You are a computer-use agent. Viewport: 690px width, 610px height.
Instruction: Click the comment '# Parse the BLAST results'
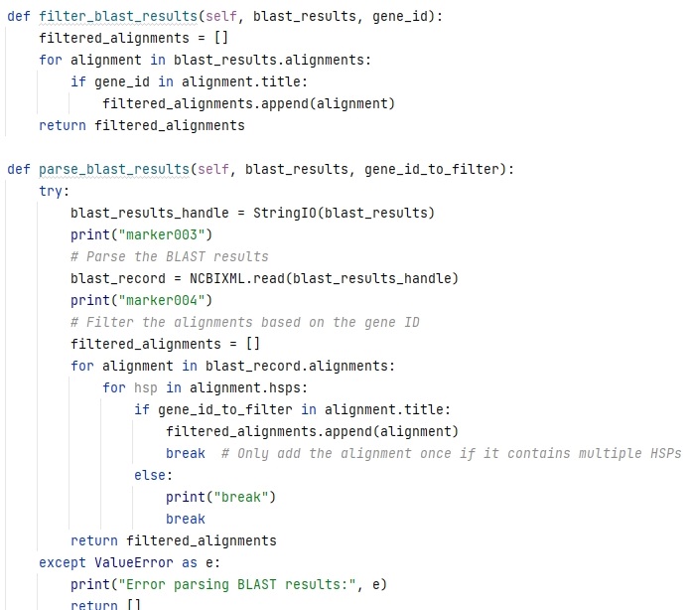click(170, 256)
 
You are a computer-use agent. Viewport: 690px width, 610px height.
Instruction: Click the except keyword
click(63, 562)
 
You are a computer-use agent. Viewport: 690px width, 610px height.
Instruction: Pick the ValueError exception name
click(134, 562)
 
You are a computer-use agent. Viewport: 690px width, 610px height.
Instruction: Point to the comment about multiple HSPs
click(451, 453)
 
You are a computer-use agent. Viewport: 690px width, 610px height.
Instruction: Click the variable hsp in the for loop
click(146, 387)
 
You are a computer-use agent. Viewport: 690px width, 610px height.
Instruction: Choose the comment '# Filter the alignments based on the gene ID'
click(245, 322)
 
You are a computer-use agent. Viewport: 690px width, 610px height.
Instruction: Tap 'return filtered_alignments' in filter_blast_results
click(142, 125)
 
